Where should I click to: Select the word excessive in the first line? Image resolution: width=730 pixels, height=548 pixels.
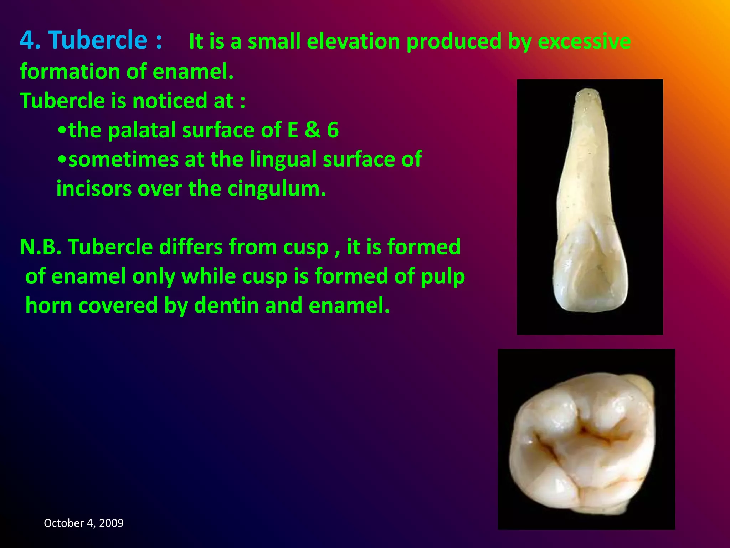[584, 41]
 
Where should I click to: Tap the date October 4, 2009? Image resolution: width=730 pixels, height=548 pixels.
[83, 523]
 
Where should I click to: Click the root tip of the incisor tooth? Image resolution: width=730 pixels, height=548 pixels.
[588, 93]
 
